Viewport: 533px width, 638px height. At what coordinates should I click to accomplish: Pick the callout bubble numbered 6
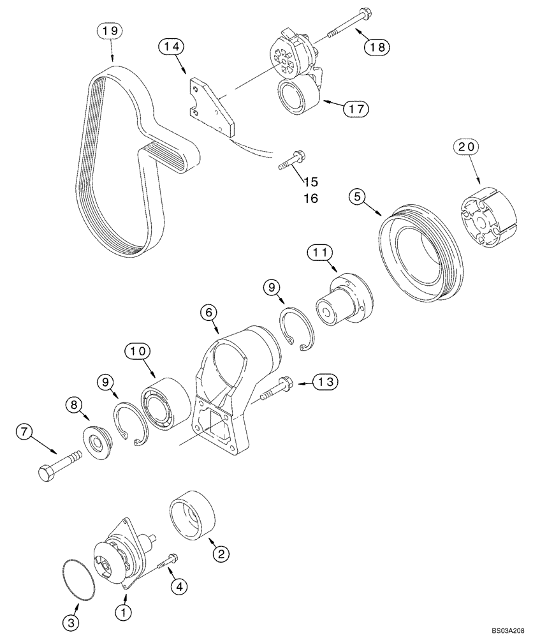tap(209, 313)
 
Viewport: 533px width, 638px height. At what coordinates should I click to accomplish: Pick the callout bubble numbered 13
tap(326, 382)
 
